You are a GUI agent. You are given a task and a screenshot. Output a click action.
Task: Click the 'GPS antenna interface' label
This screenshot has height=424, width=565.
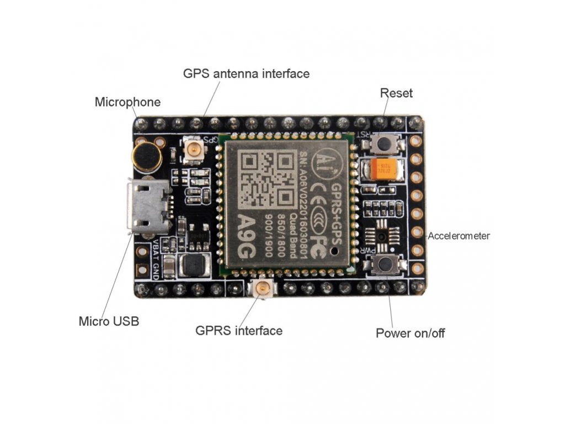coord(246,73)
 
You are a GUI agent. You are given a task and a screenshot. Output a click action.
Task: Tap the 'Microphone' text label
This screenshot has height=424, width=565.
coord(127,102)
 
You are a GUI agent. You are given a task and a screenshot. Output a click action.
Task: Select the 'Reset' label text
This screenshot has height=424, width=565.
coord(396,93)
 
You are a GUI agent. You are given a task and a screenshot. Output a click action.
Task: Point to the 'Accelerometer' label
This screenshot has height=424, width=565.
coord(459,236)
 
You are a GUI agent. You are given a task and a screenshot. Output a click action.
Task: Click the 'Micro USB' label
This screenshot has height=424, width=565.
coord(109,321)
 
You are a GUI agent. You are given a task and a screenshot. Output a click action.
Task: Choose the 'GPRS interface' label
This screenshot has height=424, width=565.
coord(239,331)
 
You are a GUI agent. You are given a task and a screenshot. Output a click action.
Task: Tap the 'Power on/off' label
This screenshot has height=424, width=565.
coord(410,333)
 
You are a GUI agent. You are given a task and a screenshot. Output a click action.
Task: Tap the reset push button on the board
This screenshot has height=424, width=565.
coord(384,144)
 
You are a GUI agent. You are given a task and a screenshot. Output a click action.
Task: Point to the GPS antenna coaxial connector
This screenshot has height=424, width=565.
coord(194,149)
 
